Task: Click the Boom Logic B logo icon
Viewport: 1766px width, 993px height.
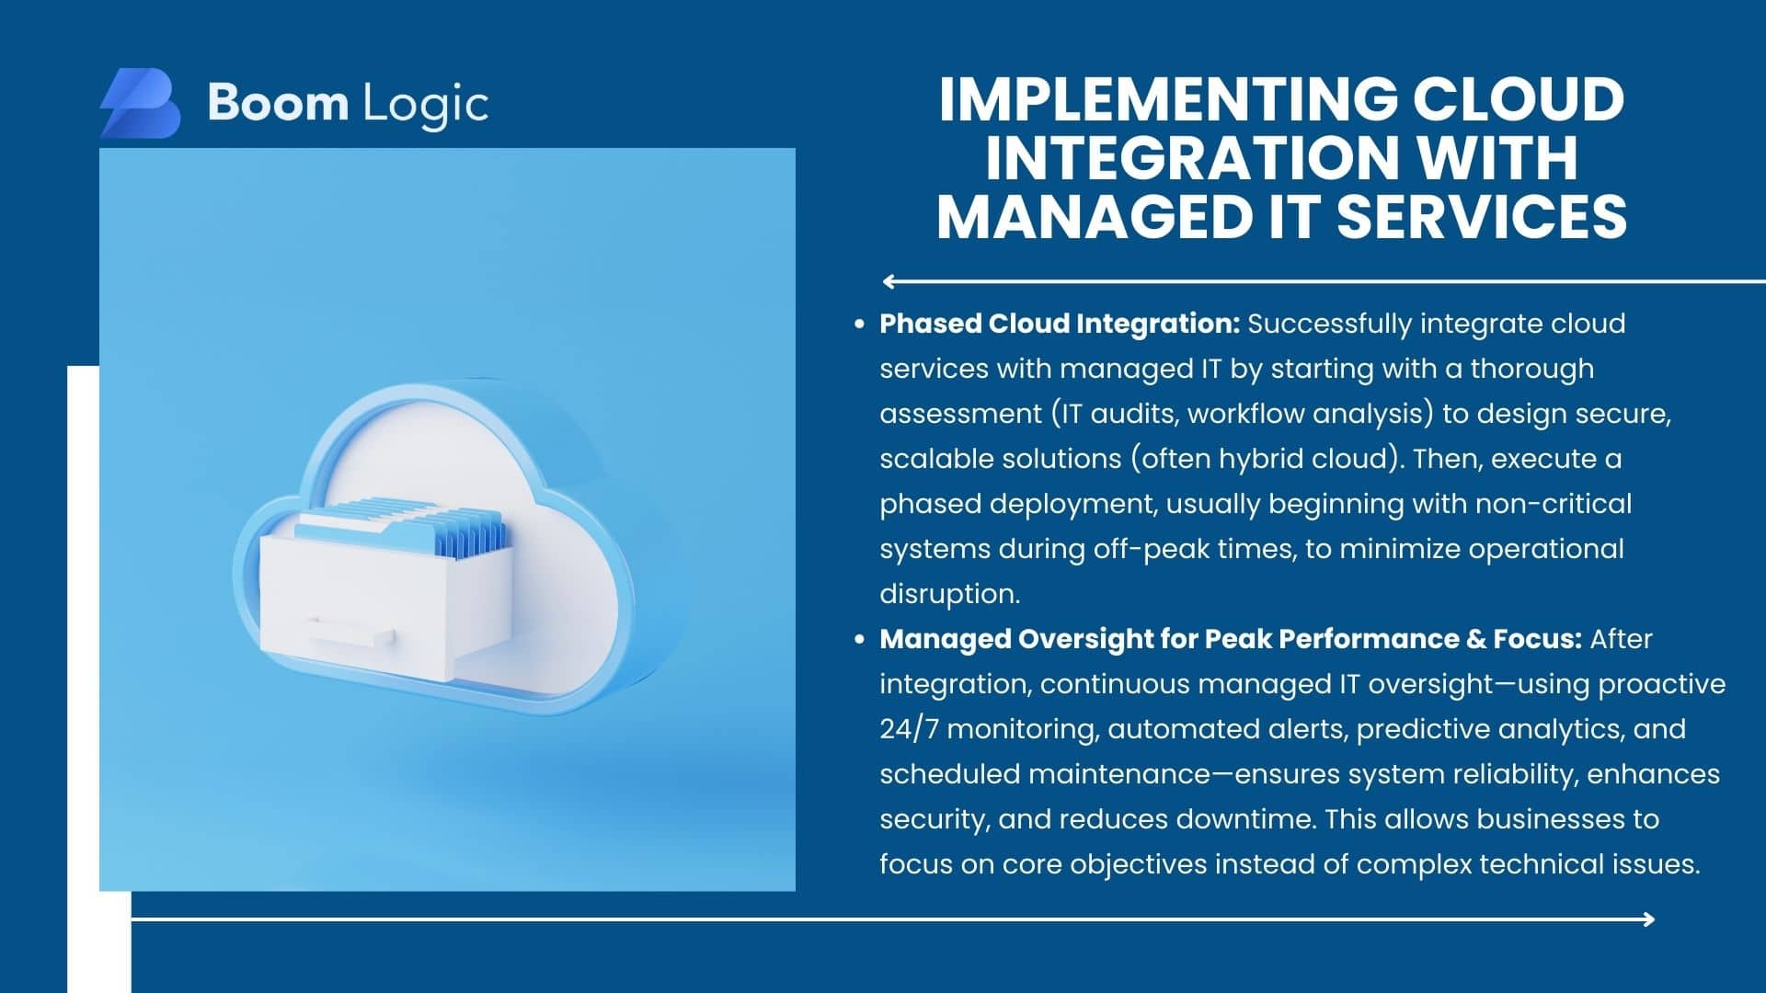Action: [140, 103]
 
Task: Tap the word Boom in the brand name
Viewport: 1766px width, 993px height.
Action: [278, 102]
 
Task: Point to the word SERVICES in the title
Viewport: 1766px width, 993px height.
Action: [1482, 216]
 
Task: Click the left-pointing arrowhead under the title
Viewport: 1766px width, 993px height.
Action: [889, 281]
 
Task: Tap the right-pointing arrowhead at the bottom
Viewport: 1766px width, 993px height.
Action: [1647, 919]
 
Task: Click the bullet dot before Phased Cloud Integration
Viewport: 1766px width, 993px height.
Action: [859, 325]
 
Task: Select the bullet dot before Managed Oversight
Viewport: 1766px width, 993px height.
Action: [859, 640]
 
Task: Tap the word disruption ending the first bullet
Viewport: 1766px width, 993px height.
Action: [950, 594]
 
